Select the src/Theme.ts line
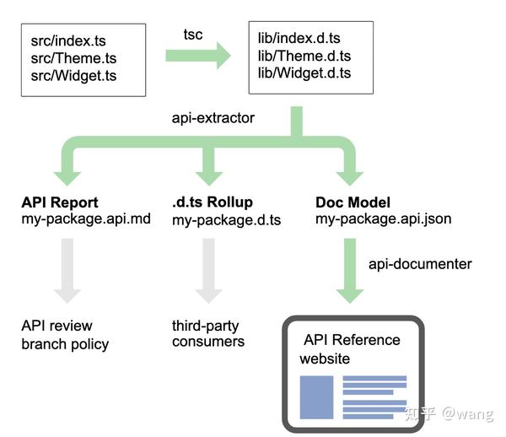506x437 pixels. [x=73, y=58]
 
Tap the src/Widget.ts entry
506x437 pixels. [x=75, y=76]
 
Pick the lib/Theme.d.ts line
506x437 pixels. [x=304, y=57]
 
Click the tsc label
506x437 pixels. [x=194, y=33]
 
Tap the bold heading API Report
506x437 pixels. [x=60, y=203]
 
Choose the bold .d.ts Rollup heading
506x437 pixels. [x=213, y=203]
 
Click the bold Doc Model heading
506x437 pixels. [x=352, y=203]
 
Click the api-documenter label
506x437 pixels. [x=420, y=264]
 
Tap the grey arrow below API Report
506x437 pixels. [x=67, y=270]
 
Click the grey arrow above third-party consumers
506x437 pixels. [x=209, y=270]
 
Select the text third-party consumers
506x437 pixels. [x=208, y=333]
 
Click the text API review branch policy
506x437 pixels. [x=66, y=334]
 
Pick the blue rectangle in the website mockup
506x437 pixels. [x=317, y=397]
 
